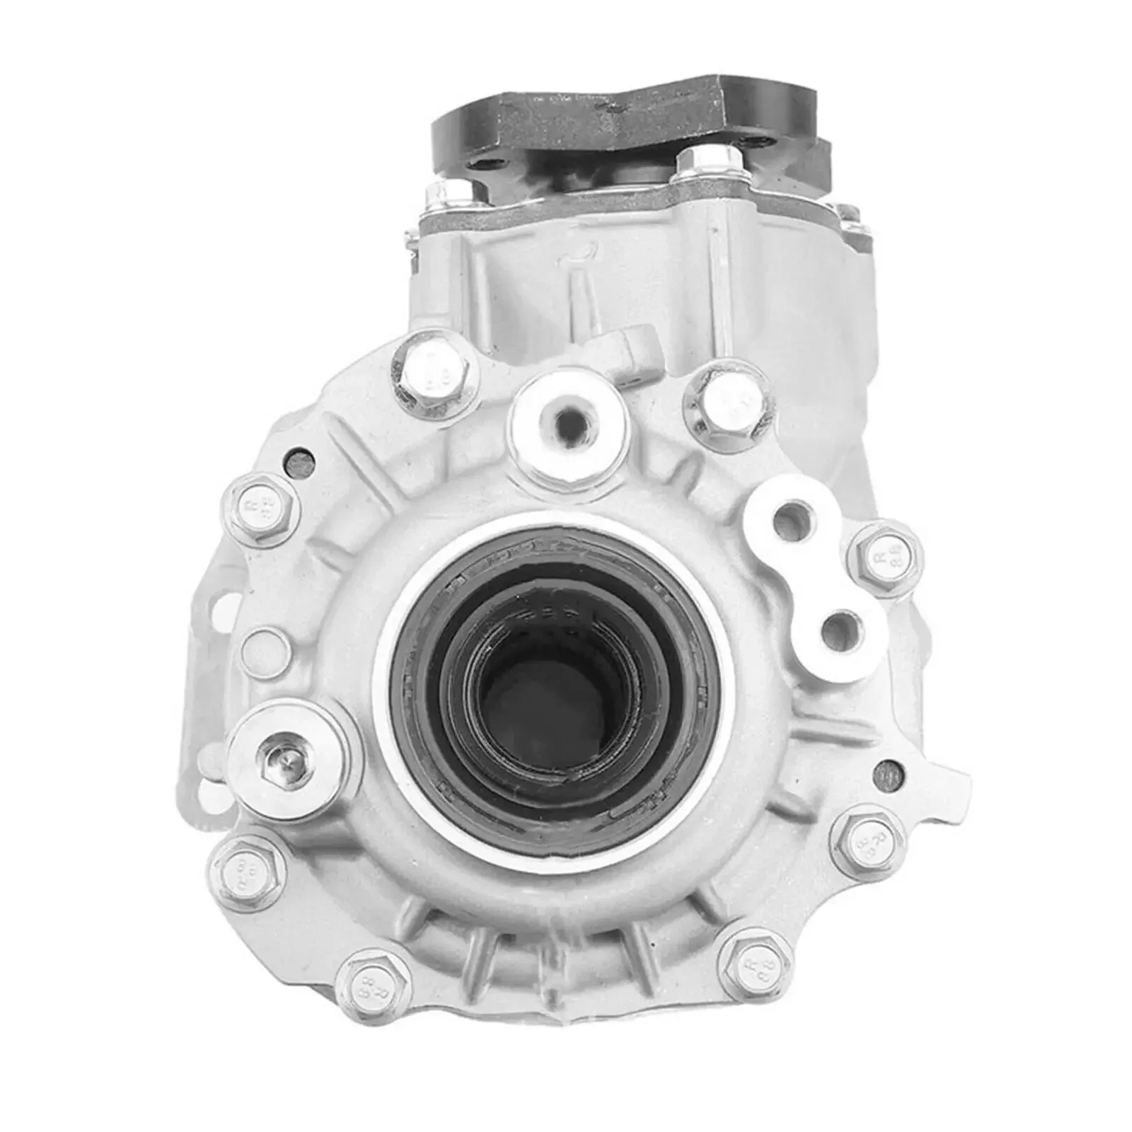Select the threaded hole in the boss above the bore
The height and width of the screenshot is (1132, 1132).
(567, 425)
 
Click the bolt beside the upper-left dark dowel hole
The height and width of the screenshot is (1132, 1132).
(261, 505)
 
